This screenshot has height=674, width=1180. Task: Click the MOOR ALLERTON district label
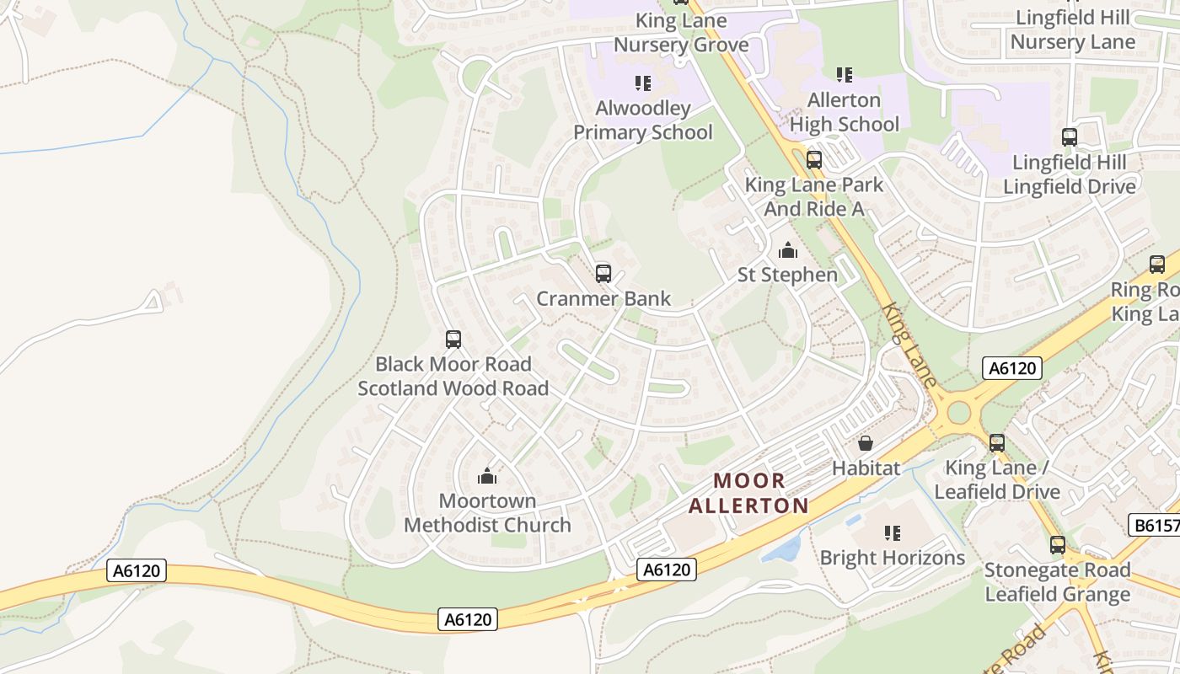[x=748, y=493]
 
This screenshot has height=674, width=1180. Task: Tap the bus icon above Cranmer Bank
[x=603, y=274]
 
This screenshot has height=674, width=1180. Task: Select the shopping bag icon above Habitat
[x=866, y=443]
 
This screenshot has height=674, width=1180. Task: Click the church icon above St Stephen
[x=788, y=250]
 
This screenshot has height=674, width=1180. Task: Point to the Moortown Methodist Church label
[x=487, y=513]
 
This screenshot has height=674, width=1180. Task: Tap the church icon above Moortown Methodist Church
[x=487, y=477]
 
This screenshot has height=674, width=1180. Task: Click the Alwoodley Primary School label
[x=643, y=120]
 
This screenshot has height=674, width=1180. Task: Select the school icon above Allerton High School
[x=845, y=75]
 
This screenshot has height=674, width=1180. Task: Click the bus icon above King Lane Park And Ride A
[x=814, y=159]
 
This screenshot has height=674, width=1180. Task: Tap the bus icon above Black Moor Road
[x=453, y=340]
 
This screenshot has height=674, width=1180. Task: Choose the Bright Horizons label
[x=893, y=558]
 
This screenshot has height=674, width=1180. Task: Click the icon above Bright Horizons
[x=893, y=532]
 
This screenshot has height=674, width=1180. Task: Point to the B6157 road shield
[x=1153, y=526]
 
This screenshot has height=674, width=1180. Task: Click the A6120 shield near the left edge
[x=137, y=570]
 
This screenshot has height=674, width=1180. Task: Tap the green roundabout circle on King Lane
[x=958, y=413]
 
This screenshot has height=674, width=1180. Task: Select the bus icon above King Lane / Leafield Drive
[x=997, y=443]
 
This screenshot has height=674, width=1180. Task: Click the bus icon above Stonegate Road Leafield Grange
[x=1058, y=545]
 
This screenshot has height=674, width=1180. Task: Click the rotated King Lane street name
[x=909, y=345]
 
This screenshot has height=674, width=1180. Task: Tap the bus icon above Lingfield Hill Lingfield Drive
[x=1070, y=136]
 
